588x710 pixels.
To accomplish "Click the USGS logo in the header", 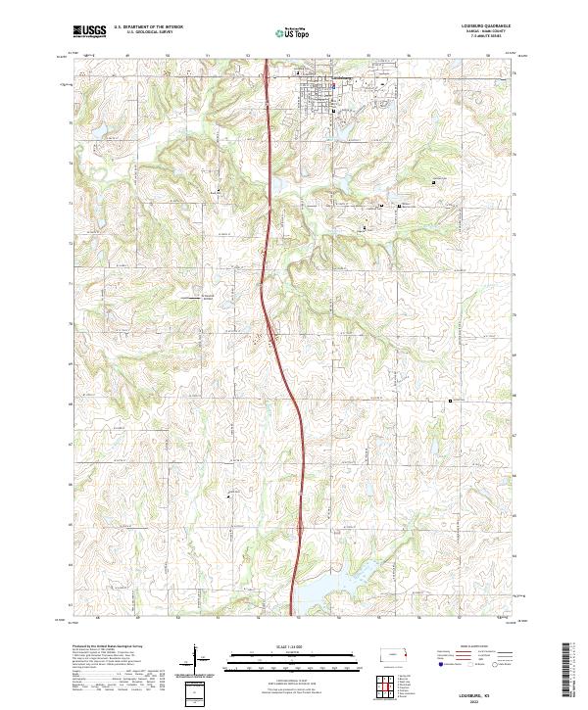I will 89,31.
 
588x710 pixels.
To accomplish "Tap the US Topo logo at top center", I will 293,32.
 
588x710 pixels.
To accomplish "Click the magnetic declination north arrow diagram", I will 196,661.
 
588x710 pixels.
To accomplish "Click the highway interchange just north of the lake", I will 298,530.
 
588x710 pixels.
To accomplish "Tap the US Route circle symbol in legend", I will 478,665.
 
